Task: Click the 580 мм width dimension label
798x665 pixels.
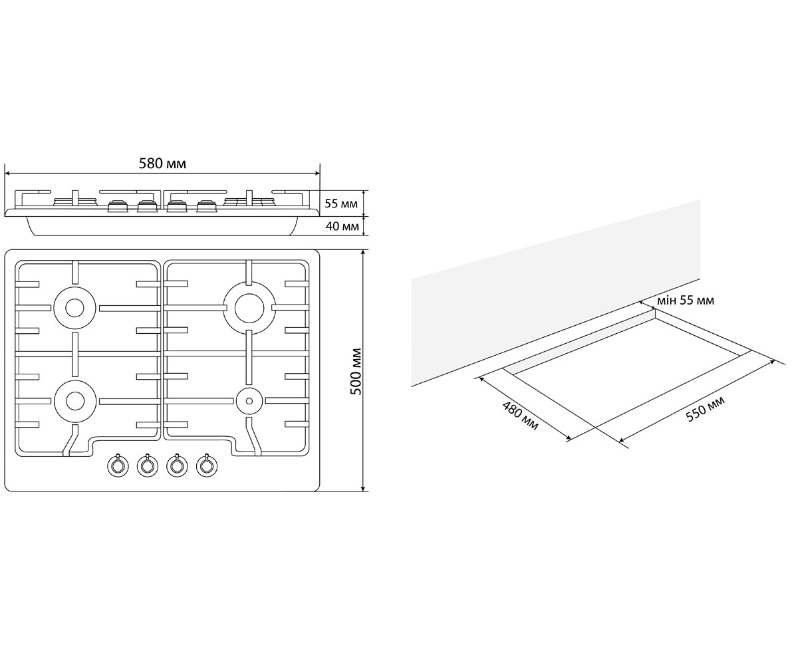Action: (162, 164)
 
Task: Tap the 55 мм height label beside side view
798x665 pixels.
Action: (341, 203)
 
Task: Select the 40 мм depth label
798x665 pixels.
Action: (342, 226)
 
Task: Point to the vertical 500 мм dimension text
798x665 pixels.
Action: (356, 371)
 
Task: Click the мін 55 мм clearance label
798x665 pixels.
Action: (685, 301)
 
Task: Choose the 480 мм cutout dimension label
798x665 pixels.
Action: (520, 416)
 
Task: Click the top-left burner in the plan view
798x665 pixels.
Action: (74, 308)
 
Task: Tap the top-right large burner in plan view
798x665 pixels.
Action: (249, 308)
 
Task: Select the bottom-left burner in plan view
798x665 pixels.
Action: (74, 400)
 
